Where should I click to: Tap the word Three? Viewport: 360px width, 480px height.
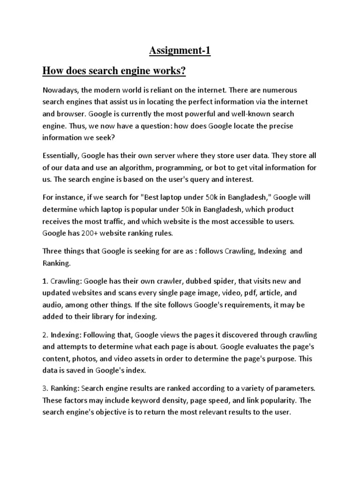point(53,251)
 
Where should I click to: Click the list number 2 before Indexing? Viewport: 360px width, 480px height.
point(45,335)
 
